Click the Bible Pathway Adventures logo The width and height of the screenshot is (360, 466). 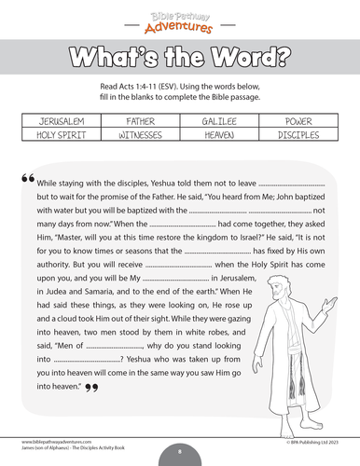[x=179, y=16]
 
